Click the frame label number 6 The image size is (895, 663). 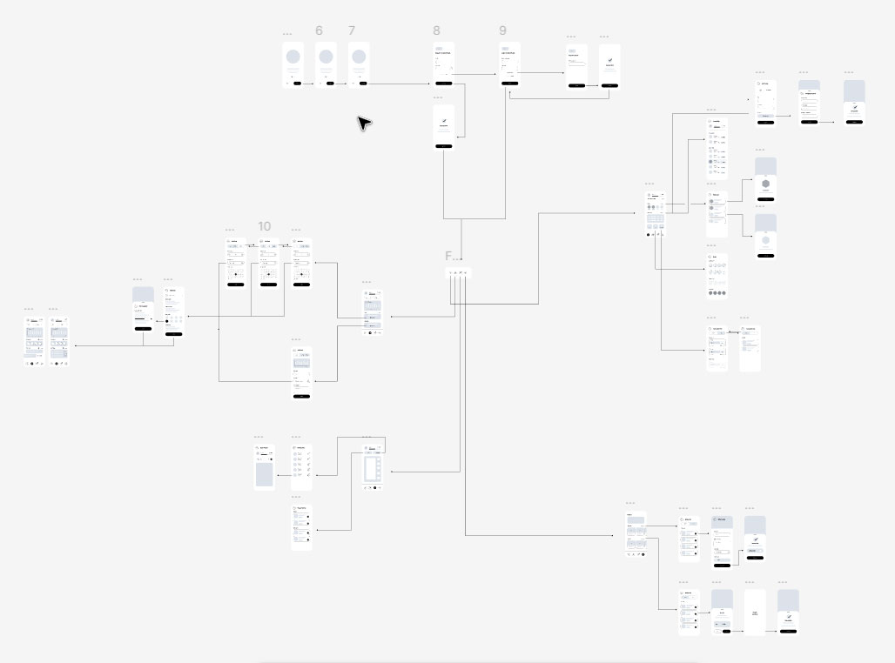[x=319, y=30]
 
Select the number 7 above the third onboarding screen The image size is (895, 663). [x=352, y=30]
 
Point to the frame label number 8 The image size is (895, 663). [x=436, y=30]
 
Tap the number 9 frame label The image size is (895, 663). [x=502, y=30]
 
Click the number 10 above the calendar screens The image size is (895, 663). [x=265, y=226]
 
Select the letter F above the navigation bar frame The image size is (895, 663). [x=448, y=256]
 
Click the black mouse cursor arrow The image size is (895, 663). [x=364, y=123]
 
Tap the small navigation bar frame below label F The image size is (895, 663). [x=459, y=273]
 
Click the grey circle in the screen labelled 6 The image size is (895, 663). [x=326, y=57]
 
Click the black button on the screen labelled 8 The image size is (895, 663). [x=444, y=83]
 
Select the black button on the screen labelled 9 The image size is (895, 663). [x=510, y=83]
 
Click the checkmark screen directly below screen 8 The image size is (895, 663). [x=444, y=127]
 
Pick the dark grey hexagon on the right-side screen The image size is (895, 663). [x=765, y=184]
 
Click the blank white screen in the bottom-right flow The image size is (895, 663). [x=755, y=612]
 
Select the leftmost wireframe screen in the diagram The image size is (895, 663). [x=35, y=340]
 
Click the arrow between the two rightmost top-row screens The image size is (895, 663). [x=831, y=122]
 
